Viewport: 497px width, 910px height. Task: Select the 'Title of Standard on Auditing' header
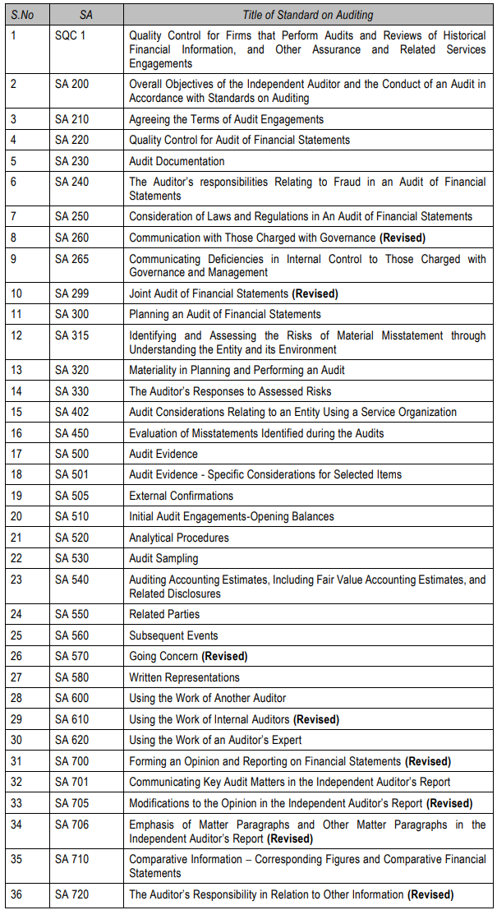click(307, 15)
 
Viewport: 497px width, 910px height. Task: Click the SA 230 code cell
click(71, 161)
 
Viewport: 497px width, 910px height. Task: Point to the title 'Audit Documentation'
click(177, 161)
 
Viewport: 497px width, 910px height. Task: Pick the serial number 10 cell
click(16, 293)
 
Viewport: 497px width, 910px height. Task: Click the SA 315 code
click(71, 335)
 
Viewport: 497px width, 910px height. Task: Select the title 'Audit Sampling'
click(163, 558)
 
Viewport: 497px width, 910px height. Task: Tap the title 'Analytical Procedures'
click(179, 538)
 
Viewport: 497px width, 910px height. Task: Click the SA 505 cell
click(71, 496)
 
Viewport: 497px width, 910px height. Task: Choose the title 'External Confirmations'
click(181, 496)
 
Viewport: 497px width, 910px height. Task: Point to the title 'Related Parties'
click(164, 614)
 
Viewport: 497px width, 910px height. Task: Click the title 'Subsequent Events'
click(173, 635)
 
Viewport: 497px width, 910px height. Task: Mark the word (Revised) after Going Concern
click(224, 656)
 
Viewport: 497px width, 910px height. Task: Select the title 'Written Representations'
click(184, 677)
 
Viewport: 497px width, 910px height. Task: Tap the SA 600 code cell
click(71, 698)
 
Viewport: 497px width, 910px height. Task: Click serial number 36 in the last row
click(16, 894)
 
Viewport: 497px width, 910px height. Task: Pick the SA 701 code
click(71, 782)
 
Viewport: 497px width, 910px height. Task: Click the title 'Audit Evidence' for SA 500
click(163, 454)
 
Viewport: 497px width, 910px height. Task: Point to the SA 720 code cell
click(71, 894)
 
